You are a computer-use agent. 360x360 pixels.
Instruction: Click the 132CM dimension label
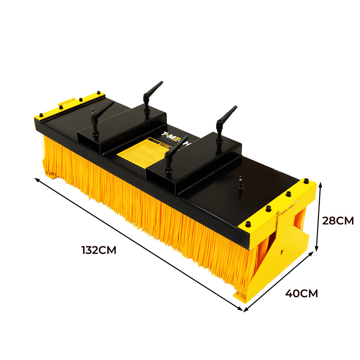[x=99, y=250]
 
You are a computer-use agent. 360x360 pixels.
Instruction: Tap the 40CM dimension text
[x=301, y=293]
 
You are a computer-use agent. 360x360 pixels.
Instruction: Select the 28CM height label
[x=338, y=221]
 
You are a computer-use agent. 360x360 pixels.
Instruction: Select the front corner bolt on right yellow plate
[x=248, y=224]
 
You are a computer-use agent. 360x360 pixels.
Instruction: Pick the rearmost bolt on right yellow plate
[x=306, y=181]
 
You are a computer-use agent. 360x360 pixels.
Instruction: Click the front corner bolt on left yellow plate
[x=41, y=115]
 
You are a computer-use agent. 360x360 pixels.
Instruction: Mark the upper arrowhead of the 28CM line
[x=320, y=184]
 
